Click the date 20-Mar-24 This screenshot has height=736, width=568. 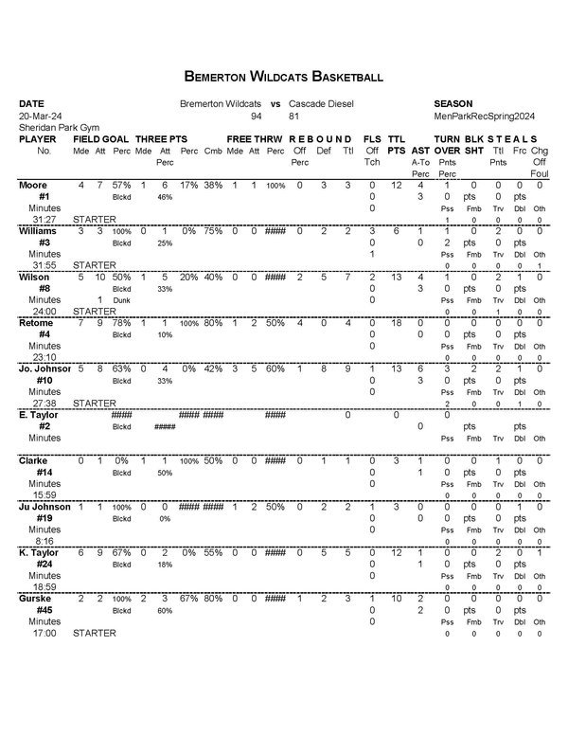click(38, 115)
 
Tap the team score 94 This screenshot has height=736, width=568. click(256, 115)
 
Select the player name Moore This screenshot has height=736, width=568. click(34, 185)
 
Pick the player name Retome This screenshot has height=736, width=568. click(37, 323)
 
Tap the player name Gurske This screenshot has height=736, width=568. click(37, 599)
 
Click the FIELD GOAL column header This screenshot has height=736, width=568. click(102, 138)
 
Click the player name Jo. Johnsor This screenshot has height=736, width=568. click(45, 368)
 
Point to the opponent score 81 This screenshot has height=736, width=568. click(294, 115)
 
